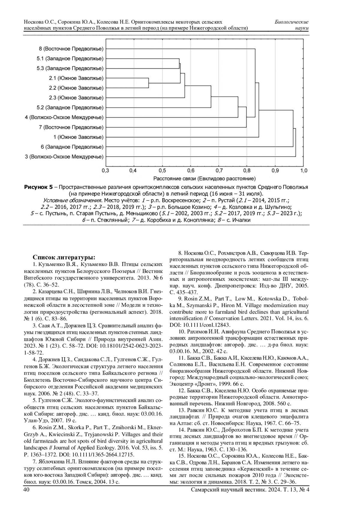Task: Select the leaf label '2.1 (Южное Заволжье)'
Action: coord(76,78)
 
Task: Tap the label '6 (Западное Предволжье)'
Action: coord(72,147)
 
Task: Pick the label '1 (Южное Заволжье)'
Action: coord(78,137)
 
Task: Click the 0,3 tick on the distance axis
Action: coord(105,171)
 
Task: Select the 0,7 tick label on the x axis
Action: coord(219,171)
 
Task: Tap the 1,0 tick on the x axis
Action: coord(304,171)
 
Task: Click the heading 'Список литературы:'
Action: coord(64,257)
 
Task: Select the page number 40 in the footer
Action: coord(26,490)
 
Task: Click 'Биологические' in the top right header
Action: coord(292,22)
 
